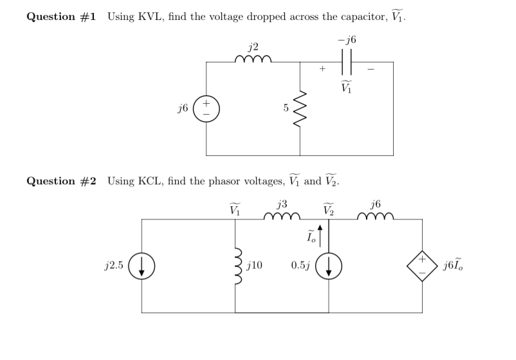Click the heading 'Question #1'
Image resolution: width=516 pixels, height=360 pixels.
61,16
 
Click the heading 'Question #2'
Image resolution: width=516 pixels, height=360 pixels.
61,181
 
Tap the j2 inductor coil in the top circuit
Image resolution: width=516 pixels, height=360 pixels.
253,60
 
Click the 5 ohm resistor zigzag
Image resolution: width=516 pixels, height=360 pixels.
300,109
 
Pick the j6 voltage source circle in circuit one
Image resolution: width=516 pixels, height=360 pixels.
207,109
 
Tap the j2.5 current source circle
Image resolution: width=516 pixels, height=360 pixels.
141,266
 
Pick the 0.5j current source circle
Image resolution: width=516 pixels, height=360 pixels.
329,266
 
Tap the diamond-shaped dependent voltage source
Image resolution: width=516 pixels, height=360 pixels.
423,266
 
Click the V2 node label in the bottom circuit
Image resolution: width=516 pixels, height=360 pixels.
329,208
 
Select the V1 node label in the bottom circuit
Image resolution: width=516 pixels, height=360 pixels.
235,208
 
